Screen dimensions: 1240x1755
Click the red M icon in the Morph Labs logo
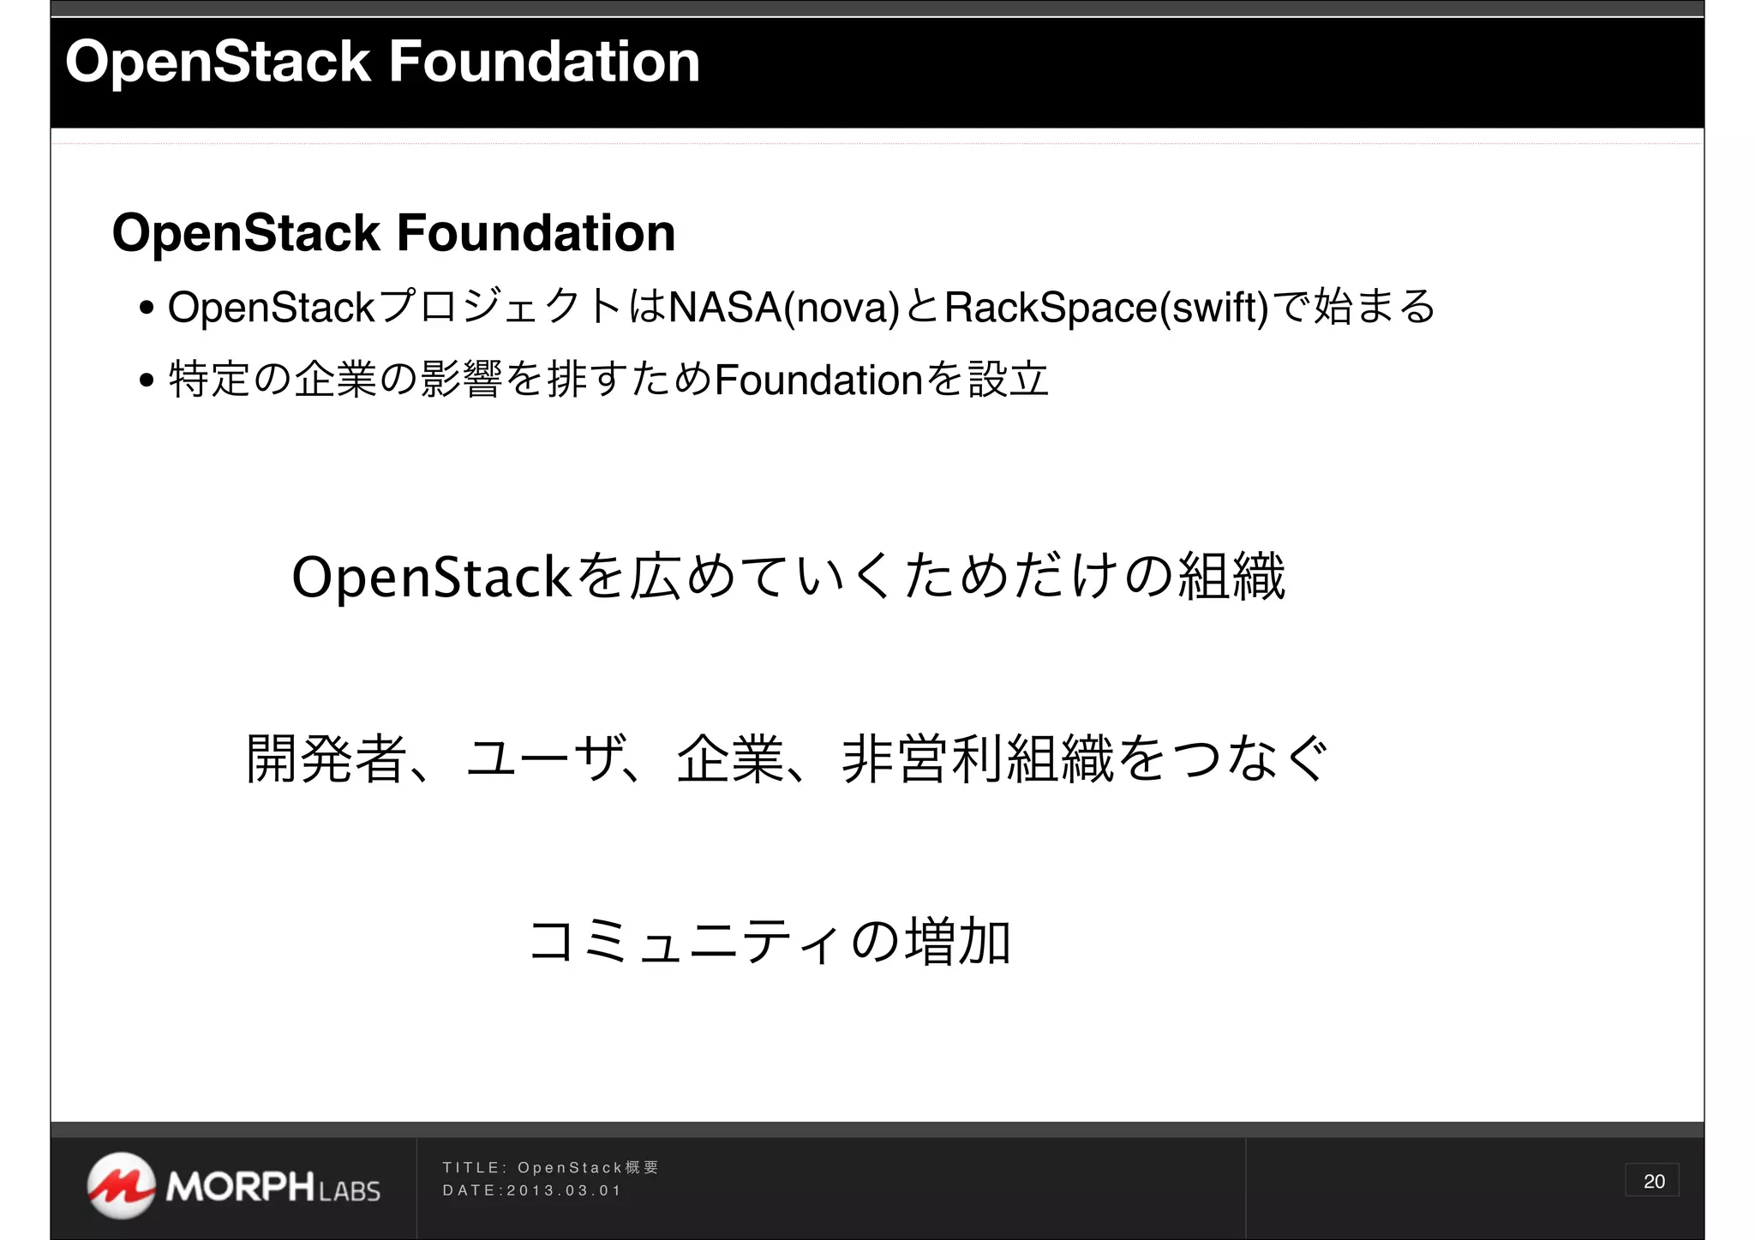[x=121, y=1185]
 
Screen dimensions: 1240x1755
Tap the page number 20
[x=1653, y=1181]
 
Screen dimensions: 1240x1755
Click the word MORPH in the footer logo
[x=241, y=1187]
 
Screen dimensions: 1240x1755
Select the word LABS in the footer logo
[x=349, y=1191]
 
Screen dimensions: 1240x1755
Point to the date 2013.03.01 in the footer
[x=563, y=1190]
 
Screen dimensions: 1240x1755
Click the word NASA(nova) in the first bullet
[x=783, y=308]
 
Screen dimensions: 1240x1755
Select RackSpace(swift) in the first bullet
[x=1105, y=308]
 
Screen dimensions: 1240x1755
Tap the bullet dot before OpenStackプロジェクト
[x=147, y=308]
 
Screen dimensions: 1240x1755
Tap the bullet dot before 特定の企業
[x=147, y=380]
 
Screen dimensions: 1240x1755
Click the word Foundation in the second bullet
[x=818, y=380]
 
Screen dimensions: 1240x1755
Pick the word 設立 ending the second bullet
[x=1009, y=380]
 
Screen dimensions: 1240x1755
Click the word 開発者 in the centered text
[x=326, y=759]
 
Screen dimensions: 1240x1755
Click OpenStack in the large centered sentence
[x=431, y=577]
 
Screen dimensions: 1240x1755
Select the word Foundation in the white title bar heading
[x=544, y=62]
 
